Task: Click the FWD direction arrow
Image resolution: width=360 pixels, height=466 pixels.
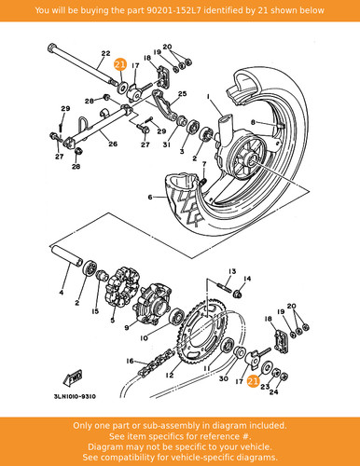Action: tap(73, 377)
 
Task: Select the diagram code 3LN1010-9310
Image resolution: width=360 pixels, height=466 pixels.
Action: tap(75, 396)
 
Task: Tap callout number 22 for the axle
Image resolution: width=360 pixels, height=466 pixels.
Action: tap(105, 53)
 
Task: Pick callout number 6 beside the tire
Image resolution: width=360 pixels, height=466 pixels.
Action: tap(150, 197)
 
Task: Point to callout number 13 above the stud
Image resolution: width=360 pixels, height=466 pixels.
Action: tap(232, 272)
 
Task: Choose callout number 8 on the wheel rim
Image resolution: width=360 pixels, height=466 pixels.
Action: tap(253, 122)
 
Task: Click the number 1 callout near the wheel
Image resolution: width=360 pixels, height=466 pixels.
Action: tap(208, 98)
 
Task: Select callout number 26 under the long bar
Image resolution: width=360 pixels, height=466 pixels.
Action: tap(113, 144)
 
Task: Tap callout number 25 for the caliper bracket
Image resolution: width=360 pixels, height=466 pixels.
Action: tap(182, 93)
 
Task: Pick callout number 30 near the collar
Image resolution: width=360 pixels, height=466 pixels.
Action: tap(224, 378)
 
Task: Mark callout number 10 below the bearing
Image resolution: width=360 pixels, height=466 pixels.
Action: tap(144, 338)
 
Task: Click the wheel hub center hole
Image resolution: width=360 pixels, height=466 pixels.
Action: tap(252, 160)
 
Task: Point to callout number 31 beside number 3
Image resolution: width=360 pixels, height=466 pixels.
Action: tap(167, 144)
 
